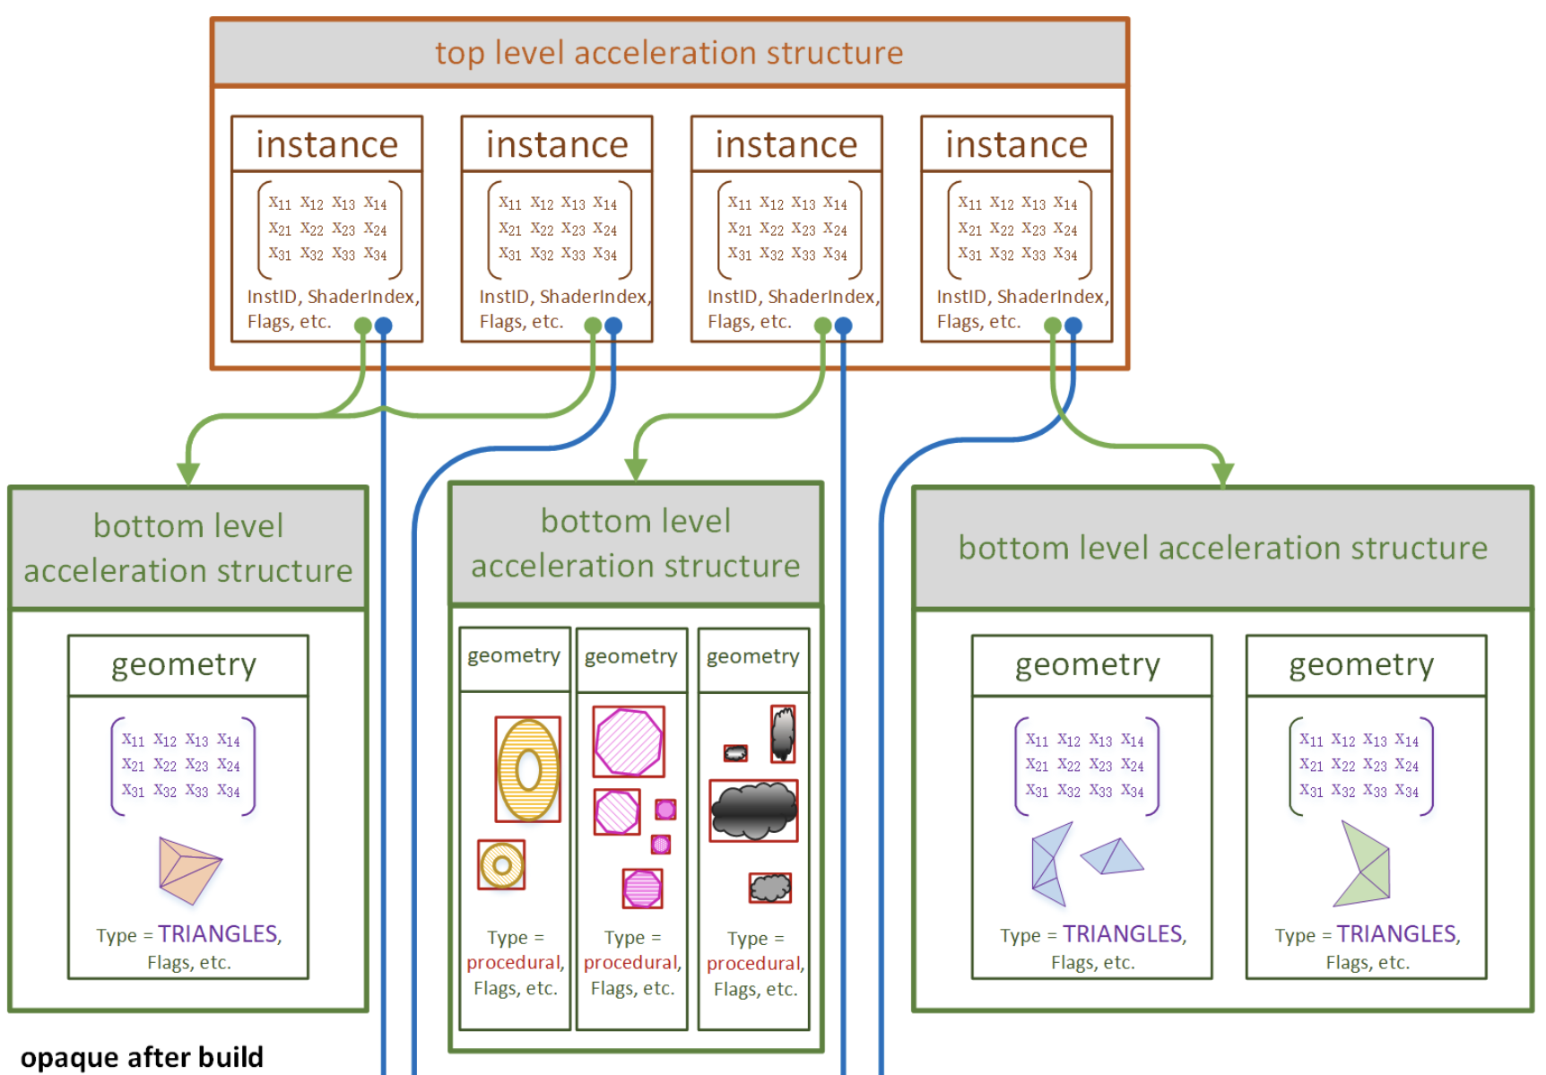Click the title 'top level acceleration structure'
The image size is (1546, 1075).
[x=669, y=53]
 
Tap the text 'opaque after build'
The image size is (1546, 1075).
[x=142, y=1057]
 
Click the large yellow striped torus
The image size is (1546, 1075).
[x=528, y=769]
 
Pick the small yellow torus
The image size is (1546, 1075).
[x=501, y=865]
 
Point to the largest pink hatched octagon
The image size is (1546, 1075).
[x=629, y=741]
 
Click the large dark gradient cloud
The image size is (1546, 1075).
[x=753, y=810]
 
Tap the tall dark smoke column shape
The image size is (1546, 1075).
[x=783, y=733]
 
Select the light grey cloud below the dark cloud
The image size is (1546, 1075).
[x=770, y=888]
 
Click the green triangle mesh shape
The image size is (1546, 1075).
[x=1364, y=865]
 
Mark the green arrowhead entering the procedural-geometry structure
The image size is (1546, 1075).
[x=636, y=469]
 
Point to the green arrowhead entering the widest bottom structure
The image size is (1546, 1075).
[x=1223, y=474]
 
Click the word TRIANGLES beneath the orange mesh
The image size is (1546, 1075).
[x=218, y=934]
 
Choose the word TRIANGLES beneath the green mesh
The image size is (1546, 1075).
[x=1396, y=934]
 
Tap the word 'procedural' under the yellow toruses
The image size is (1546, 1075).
[x=514, y=962]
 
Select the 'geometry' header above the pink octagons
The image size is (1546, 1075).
[x=631, y=656]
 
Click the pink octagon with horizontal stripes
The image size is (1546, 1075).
[x=642, y=889]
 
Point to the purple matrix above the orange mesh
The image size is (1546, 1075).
[x=183, y=766]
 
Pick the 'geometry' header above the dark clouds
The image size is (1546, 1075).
[x=753, y=656]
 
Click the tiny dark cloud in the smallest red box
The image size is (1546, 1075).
[x=735, y=753]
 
